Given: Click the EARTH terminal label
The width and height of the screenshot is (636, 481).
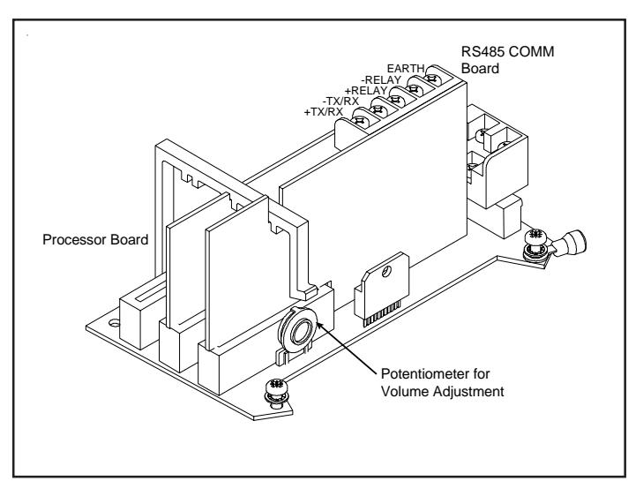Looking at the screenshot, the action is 406,68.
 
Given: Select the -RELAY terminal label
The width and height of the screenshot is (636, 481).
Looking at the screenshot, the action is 381,79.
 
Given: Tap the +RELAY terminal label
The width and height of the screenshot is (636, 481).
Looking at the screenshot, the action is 366,91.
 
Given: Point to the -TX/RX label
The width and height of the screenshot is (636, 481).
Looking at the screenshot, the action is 340,101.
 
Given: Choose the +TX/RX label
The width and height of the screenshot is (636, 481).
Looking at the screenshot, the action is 324,111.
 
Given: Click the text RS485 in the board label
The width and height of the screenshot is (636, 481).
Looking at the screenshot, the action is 483,51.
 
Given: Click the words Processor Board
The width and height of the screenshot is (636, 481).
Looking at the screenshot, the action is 95,239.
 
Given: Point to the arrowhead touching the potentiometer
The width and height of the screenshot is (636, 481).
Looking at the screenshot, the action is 318,325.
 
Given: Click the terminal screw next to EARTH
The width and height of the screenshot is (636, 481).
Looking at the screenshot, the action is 431,79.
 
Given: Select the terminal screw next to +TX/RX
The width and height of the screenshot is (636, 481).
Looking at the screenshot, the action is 359,121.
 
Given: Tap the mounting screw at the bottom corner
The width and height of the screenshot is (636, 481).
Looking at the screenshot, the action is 277,393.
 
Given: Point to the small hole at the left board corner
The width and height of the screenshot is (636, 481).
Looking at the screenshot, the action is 115,323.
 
